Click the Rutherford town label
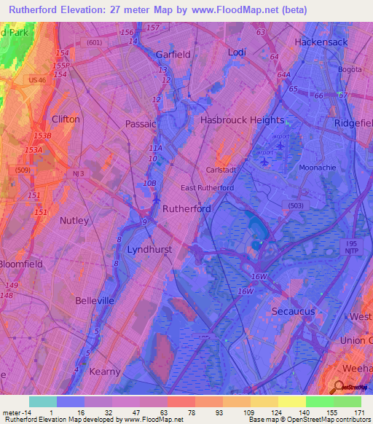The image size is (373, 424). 186,208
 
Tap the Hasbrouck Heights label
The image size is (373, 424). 242,120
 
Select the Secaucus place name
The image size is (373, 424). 292,311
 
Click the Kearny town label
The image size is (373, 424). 104,372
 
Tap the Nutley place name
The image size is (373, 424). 74,220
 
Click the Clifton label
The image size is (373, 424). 66,119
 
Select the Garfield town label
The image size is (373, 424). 173,55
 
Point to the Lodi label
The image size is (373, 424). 237,53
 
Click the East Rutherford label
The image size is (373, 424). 208,188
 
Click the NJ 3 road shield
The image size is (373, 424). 79,173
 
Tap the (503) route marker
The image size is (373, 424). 294,206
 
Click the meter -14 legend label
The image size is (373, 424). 15,412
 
